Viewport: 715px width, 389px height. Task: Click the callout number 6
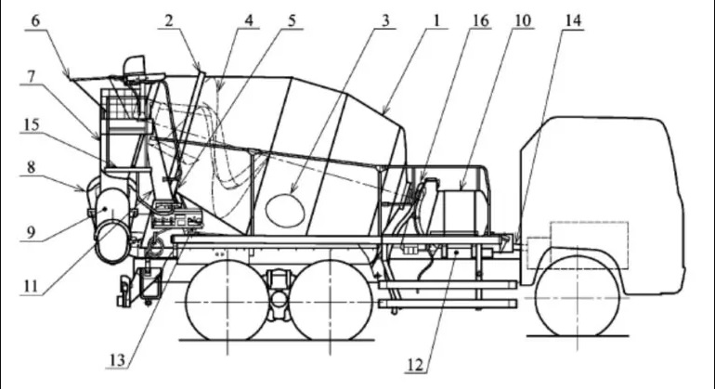35,21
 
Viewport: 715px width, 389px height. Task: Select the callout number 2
169,21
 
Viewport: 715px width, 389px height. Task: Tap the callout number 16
480,21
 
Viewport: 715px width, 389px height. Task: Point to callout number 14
573,21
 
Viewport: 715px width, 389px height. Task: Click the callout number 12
415,365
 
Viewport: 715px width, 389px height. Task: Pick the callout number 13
117,360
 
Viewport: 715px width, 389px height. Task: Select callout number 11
31,287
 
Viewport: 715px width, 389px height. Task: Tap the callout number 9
31,233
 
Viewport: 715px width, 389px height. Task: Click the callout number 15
31,124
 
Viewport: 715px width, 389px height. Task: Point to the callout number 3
385,21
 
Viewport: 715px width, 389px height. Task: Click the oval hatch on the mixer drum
284,210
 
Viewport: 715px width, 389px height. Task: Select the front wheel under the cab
578,296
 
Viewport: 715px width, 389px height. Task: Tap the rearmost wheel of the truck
227,300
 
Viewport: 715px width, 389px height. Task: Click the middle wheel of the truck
331,300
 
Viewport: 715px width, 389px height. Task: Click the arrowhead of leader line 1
384,112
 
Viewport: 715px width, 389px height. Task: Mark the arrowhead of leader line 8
82,188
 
